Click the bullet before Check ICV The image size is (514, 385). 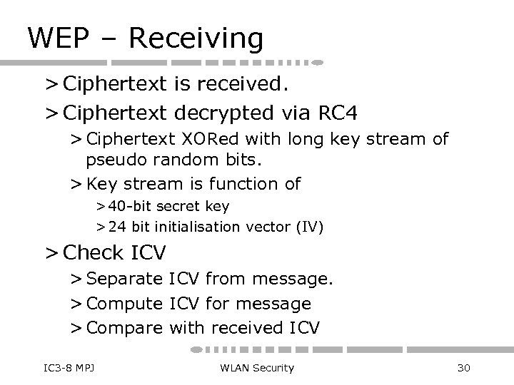(x=51, y=252)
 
